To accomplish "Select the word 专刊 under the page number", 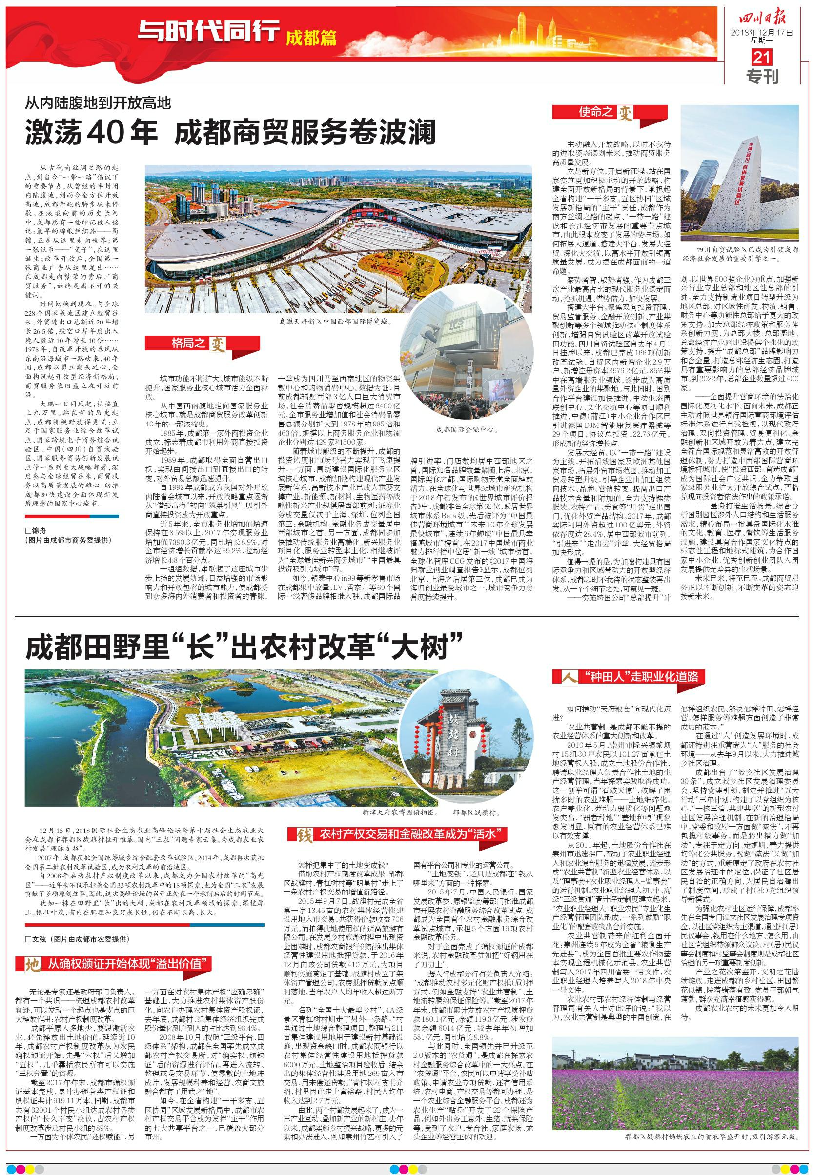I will point(763,77).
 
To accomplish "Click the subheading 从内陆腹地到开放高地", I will point(99,104).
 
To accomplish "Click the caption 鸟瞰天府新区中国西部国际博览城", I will point(336,322).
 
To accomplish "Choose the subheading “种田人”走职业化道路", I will point(632,677).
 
